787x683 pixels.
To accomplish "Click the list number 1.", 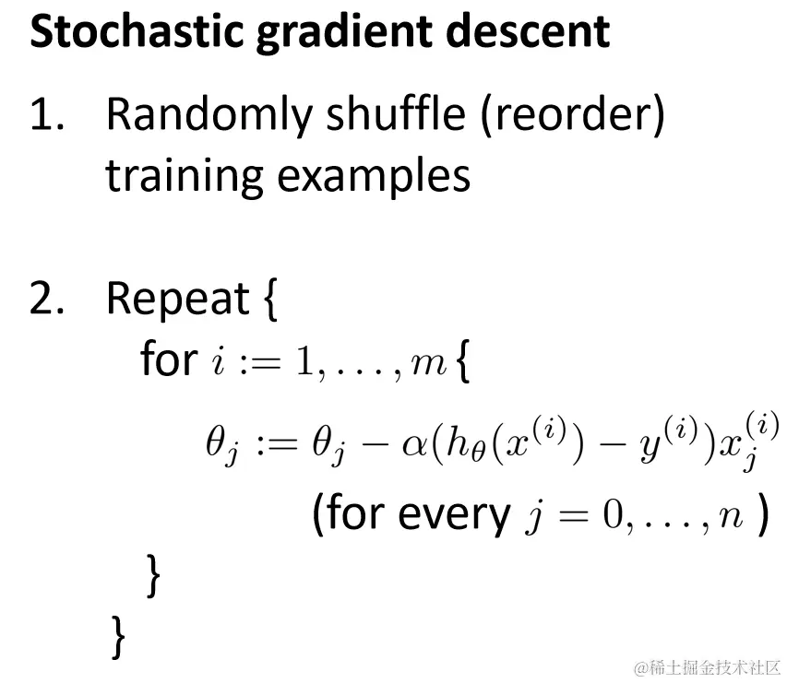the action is click(47, 115).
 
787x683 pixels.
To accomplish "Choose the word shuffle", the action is click(396, 114).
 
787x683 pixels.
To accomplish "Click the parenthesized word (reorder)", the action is click(573, 116).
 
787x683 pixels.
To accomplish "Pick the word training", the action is click(185, 177).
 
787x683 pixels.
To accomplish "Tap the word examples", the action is click(374, 177).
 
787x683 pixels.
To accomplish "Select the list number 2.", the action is click(47, 299).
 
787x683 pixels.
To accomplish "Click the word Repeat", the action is click(178, 300).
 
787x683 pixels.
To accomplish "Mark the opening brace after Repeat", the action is click(270, 300).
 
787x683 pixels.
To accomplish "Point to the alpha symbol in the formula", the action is click(414, 445).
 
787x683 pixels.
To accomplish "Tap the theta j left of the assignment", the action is click(221, 444).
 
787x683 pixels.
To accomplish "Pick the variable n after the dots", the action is click(731, 517).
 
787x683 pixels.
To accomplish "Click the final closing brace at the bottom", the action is click(118, 637).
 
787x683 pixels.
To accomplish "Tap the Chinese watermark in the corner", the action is click(708, 667).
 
